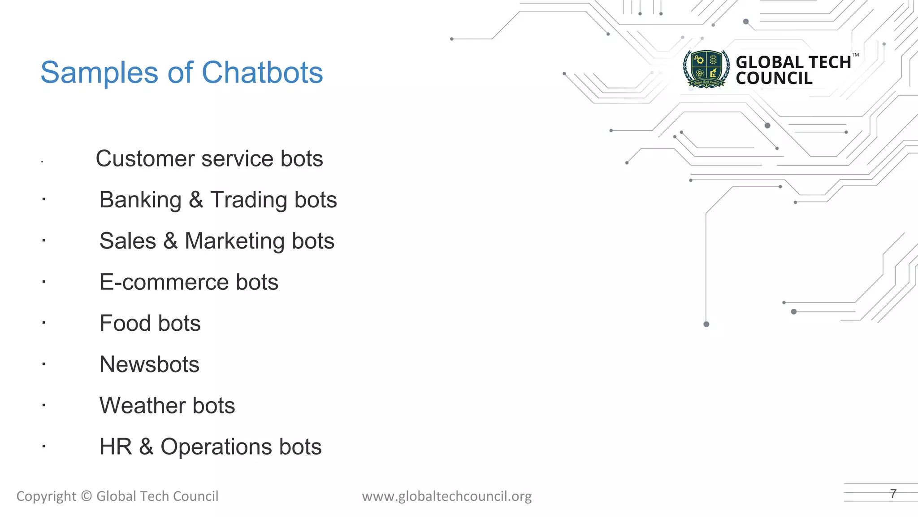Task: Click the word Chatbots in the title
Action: [x=262, y=73]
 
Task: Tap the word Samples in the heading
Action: [x=99, y=73]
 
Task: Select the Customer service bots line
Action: [x=209, y=159]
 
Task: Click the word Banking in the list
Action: [x=140, y=200]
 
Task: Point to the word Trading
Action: [x=249, y=200]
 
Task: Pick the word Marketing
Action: [x=234, y=241]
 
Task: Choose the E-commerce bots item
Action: [x=189, y=282]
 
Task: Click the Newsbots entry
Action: [x=149, y=364]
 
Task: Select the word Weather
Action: [x=142, y=406]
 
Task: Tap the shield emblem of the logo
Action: [x=706, y=69]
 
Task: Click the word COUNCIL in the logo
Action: [x=774, y=79]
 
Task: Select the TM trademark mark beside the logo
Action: [x=855, y=55]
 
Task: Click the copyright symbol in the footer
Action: [x=87, y=496]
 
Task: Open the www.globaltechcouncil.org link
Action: [x=447, y=496]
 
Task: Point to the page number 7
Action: [x=893, y=494]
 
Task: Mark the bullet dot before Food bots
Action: [x=43, y=323]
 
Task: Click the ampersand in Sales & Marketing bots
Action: [x=170, y=241]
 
